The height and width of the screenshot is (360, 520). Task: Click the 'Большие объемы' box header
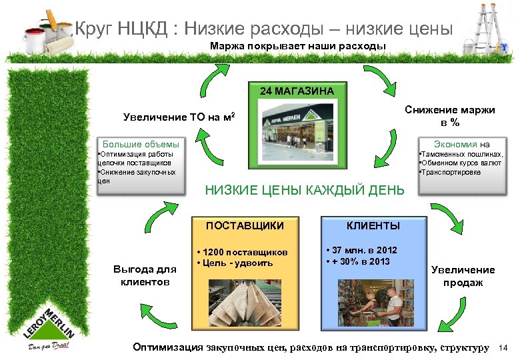click(x=139, y=143)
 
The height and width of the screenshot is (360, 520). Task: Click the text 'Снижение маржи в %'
click(x=454, y=116)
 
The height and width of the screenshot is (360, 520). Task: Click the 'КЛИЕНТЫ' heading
click(x=373, y=226)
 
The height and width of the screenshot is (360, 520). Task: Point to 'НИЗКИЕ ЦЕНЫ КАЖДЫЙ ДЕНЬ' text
click(x=304, y=191)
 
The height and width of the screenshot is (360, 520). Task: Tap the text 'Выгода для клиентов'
click(x=145, y=275)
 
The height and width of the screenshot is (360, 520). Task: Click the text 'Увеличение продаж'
click(x=463, y=276)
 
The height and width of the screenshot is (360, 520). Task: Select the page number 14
click(x=503, y=348)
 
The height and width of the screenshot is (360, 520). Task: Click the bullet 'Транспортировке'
click(x=450, y=173)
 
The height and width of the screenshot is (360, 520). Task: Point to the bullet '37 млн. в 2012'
click(x=364, y=250)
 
